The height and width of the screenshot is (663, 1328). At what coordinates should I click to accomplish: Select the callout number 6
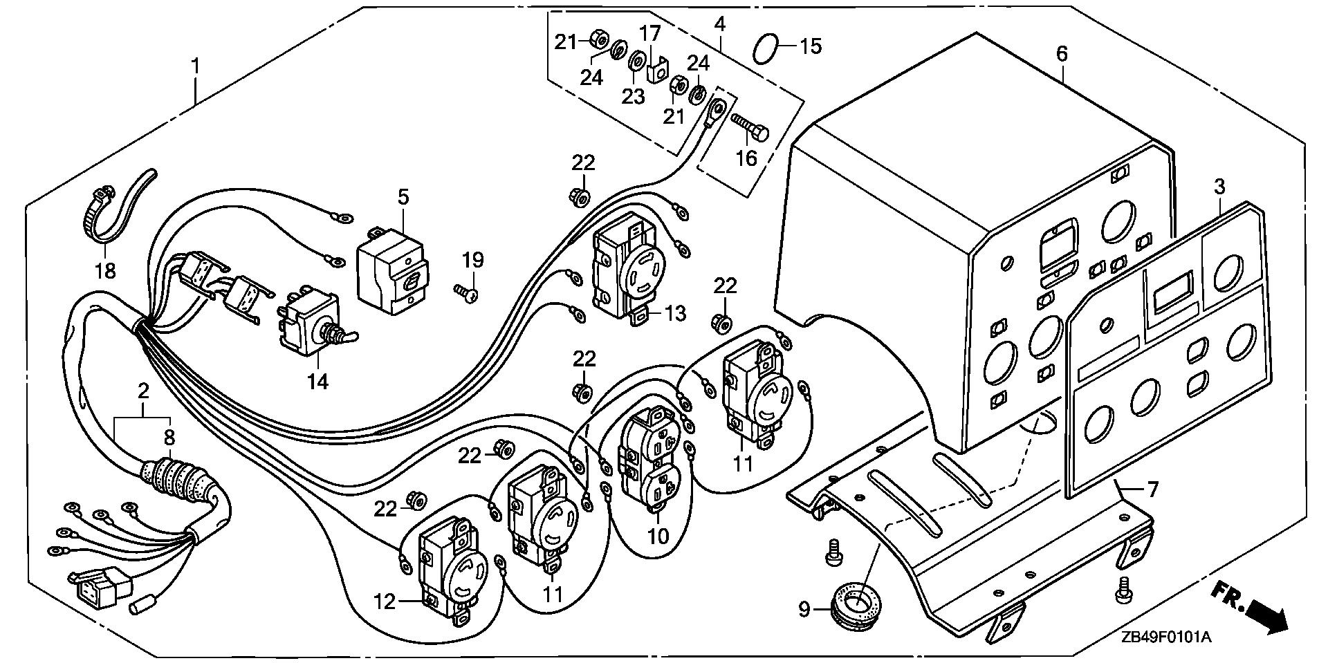tap(1062, 53)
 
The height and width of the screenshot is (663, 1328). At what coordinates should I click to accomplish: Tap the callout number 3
tap(1219, 187)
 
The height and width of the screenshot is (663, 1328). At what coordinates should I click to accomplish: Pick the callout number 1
tap(195, 67)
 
